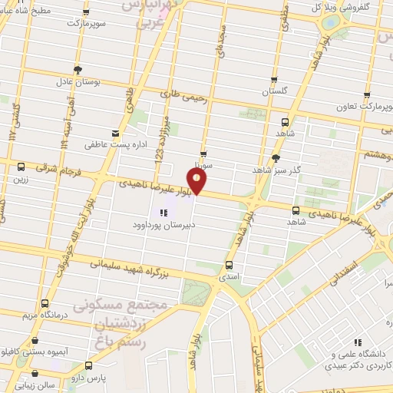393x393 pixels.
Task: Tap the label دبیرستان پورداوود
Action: (162, 226)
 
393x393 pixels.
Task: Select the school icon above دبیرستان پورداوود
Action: (162, 213)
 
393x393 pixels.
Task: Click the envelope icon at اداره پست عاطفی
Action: (115, 131)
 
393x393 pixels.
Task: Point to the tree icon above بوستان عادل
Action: (78, 68)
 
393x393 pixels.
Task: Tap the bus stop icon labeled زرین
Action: (21, 167)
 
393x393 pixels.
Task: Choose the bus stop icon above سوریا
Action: (203, 154)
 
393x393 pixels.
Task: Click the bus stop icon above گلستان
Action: (274, 80)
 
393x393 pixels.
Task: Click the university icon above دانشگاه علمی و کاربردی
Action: (357, 343)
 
